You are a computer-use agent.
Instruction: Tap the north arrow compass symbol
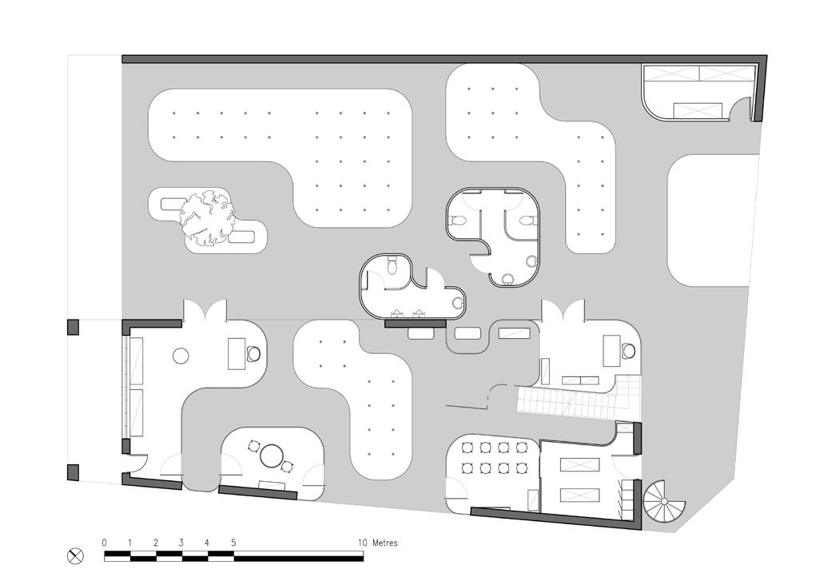(x=77, y=555)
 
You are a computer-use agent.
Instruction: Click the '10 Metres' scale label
(x=377, y=543)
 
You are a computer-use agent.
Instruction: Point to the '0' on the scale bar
(x=104, y=543)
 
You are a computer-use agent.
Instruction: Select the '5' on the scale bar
(x=233, y=543)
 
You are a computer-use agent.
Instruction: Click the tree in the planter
(x=207, y=217)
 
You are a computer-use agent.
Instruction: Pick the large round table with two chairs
(x=273, y=457)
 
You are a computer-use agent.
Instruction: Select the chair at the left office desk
(x=254, y=352)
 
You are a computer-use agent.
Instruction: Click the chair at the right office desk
(x=628, y=350)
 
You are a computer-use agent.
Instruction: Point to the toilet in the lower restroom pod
(x=394, y=267)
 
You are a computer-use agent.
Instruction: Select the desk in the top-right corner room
(x=699, y=110)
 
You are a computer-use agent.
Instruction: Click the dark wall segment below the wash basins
(x=415, y=324)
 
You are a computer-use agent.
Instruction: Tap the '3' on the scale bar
(x=181, y=543)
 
